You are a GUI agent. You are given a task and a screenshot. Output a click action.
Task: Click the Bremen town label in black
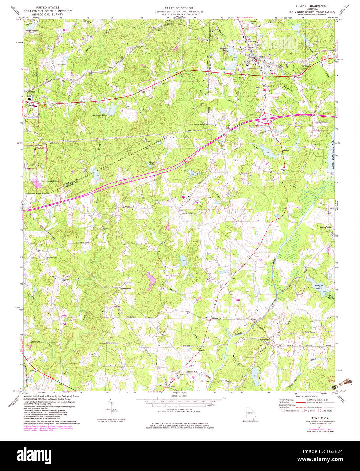[x=28, y=105]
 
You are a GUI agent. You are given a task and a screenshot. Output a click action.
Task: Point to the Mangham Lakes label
[x=100, y=115]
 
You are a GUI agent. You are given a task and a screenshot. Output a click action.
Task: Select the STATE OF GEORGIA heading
[x=179, y=8]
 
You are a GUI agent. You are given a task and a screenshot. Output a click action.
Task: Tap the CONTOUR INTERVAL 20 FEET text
[x=179, y=410]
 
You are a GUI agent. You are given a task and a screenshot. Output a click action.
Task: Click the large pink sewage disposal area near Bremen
[x=37, y=184]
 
